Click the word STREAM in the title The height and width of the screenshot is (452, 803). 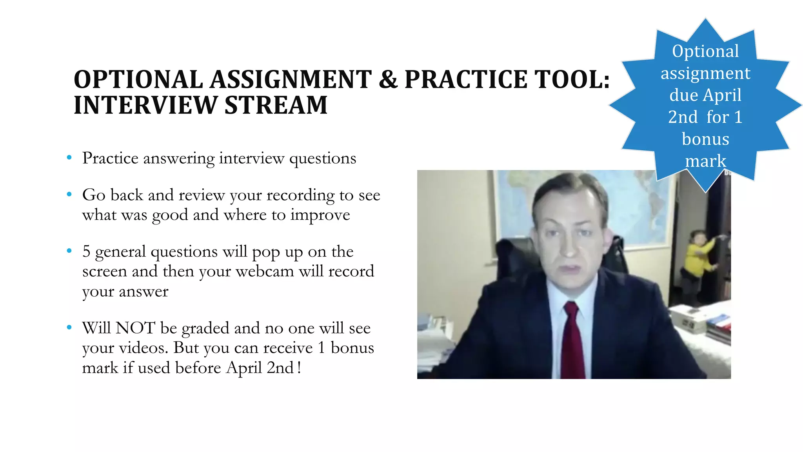tap(276, 105)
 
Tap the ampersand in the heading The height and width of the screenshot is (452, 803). tap(388, 79)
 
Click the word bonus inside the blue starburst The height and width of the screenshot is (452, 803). tap(705, 139)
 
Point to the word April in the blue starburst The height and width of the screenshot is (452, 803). tap(724, 95)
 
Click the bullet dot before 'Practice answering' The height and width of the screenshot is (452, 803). tap(69, 158)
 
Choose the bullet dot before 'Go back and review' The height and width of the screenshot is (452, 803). tap(69, 194)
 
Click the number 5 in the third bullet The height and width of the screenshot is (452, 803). tap(86, 251)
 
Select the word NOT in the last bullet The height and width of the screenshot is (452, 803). tap(135, 328)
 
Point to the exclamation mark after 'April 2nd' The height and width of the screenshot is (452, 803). tap(299, 368)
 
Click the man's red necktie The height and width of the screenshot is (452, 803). tap(572, 341)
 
